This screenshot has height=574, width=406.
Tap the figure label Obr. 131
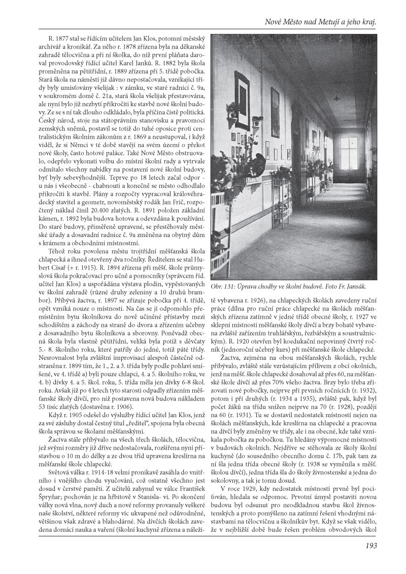(x=224, y=287)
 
